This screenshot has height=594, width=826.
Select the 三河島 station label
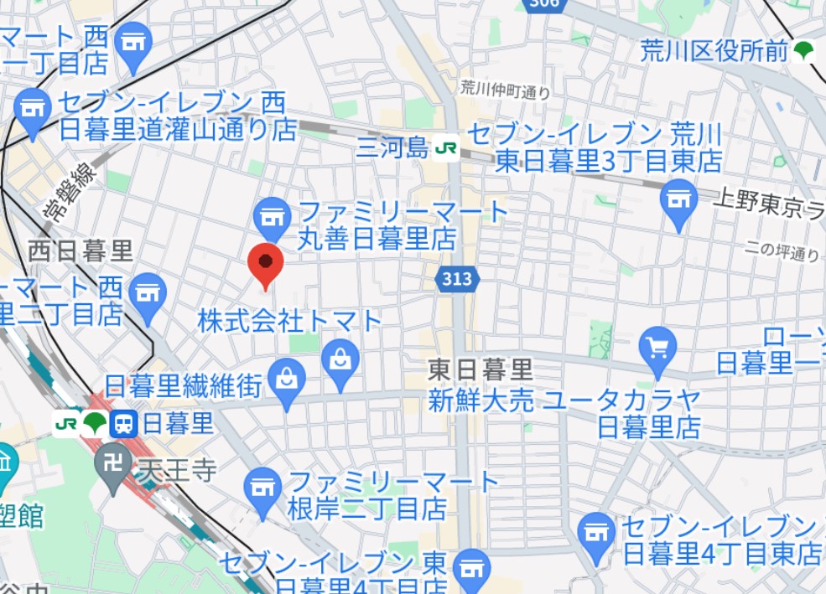tap(392, 148)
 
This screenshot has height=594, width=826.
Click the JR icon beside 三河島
tap(445, 148)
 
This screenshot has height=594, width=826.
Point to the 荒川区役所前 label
tap(713, 51)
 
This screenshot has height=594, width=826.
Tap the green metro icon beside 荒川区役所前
tap(803, 51)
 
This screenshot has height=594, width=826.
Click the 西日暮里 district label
tap(81, 250)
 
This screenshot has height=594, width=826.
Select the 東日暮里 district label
tap(481, 369)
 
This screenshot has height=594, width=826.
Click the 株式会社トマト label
tap(289, 320)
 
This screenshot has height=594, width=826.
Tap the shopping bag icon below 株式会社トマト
tap(340, 362)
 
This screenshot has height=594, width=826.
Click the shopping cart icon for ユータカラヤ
tap(657, 346)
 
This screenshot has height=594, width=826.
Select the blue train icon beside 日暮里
tap(123, 424)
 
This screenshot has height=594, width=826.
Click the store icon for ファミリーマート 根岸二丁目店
tap(262, 486)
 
